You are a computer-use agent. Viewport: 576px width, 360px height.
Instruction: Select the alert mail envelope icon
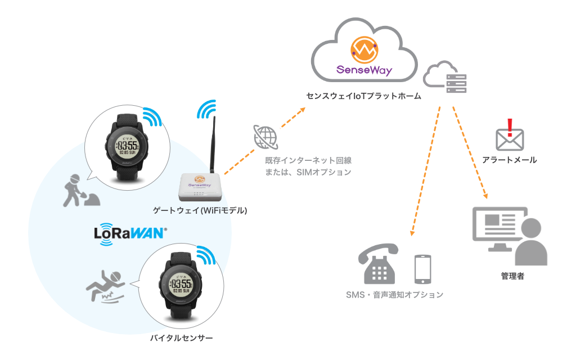click(x=509, y=138)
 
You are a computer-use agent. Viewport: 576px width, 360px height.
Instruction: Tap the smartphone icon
click(x=422, y=269)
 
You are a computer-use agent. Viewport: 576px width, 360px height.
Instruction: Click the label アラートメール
click(x=510, y=160)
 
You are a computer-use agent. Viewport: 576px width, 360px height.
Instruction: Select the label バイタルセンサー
click(x=182, y=338)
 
